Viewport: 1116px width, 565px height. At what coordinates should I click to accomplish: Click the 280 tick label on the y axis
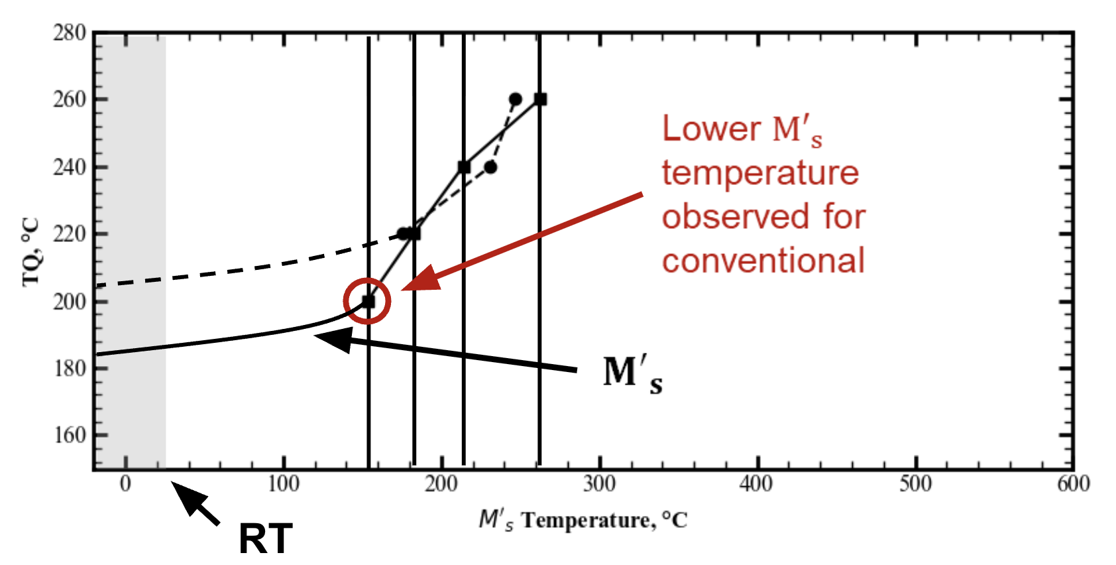coord(69,33)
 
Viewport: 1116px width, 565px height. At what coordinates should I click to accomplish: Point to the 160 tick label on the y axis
coord(69,435)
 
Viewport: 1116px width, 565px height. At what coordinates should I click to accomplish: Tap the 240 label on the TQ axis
coord(69,167)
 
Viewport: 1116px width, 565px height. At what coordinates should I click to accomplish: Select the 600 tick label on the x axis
coord(1074,483)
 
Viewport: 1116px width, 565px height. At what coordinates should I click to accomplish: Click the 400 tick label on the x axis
coord(756,483)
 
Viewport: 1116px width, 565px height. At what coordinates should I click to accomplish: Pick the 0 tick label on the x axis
coord(125,483)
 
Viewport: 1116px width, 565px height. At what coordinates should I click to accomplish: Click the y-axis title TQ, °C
coord(30,252)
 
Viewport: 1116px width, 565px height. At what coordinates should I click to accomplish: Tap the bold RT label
coord(265,539)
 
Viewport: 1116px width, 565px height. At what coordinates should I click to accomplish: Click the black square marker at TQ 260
coord(541,99)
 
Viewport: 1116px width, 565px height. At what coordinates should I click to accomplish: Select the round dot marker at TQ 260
coord(516,99)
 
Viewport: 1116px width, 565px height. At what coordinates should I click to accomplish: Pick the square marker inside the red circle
coord(368,301)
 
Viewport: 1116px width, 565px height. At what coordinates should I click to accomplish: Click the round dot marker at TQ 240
coord(491,167)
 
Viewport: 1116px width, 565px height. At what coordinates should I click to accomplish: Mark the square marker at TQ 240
coord(464,167)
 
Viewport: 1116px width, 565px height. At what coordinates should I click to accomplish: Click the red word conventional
coord(763,261)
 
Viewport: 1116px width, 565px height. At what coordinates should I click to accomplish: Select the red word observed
coord(736,217)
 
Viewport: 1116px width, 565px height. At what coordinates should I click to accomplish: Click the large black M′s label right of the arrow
coord(633,374)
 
